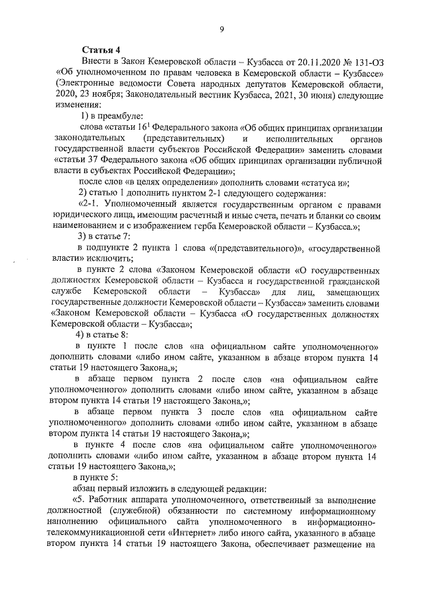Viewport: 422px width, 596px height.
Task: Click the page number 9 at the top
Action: pos(222,28)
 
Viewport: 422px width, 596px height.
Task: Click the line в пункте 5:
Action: pos(96,476)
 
